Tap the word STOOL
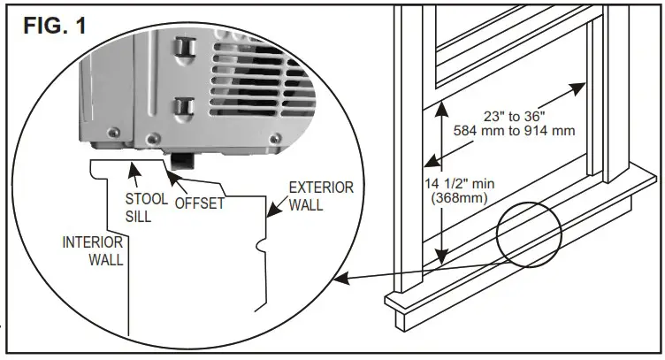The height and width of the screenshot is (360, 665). click(x=145, y=199)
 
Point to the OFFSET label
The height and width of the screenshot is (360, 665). click(x=200, y=203)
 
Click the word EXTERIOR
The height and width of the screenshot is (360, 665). click(x=322, y=188)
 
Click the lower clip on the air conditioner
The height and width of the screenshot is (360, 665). click(x=183, y=109)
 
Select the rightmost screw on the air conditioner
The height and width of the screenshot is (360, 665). click(x=278, y=139)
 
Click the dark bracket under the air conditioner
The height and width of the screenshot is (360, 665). click(x=185, y=160)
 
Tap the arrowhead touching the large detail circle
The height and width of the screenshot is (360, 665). click(x=340, y=280)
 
